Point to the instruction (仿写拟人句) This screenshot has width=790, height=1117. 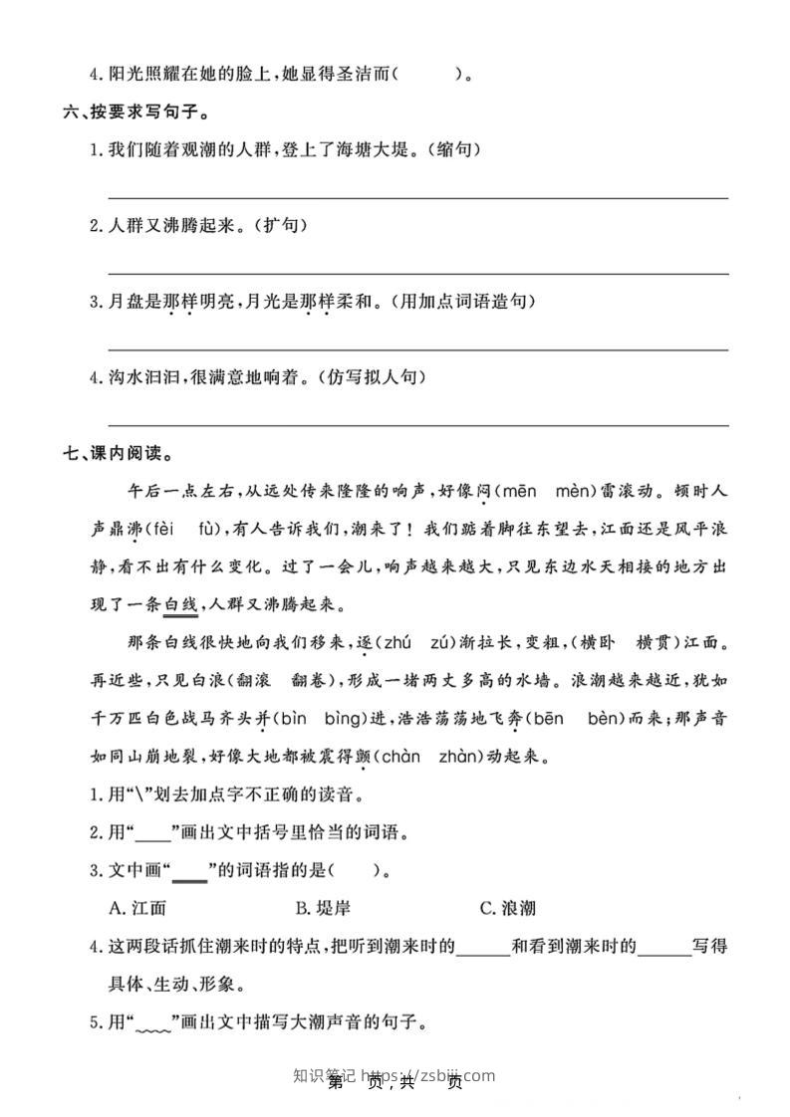click(374, 377)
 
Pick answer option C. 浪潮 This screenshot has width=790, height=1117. click(507, 908)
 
